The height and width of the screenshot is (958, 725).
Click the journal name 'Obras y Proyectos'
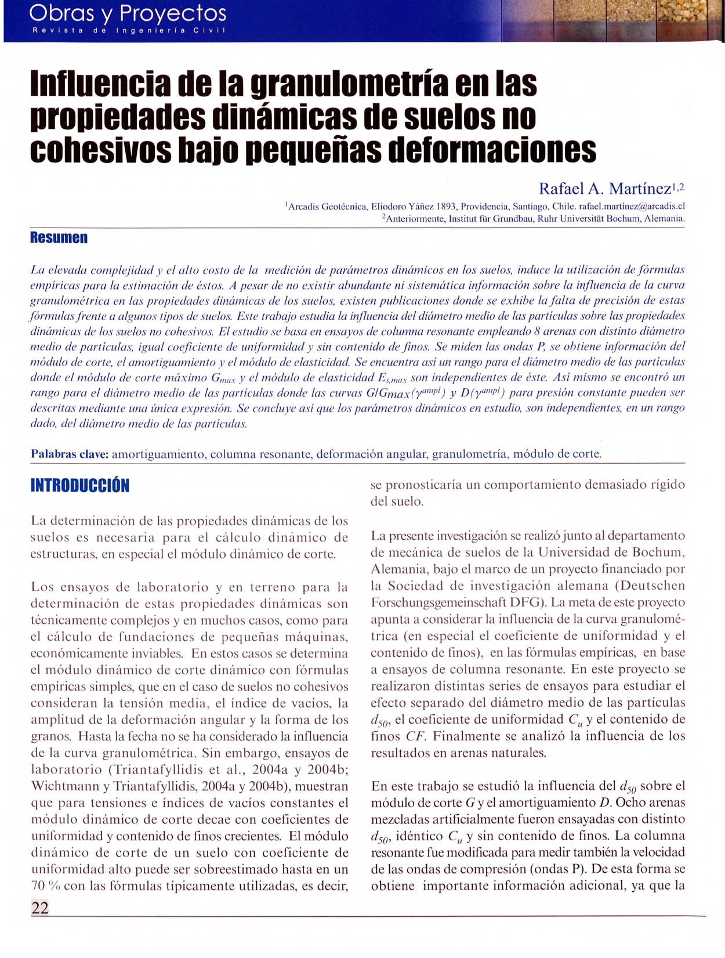pyautogui.click(x=128, y=12)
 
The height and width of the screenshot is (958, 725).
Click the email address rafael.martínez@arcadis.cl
pyautogui.click(x=632, y=206)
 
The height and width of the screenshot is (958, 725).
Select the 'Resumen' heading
pyautogui.click(x=59, y=238)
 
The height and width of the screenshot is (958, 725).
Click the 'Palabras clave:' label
pyautogui.click(x=70, y=454)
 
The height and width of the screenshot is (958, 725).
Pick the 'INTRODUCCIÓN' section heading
pyautogui.click(x=79, y=486)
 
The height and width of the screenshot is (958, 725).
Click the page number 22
pyautogui.click(x=40, y=908)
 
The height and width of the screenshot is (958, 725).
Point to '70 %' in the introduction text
pyautogui.click(x=43, y=886)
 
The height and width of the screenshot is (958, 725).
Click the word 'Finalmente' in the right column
pyautogui.click(x=464, y=736)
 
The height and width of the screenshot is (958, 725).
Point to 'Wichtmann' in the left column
pyautogui.click(x=60, y=787)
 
